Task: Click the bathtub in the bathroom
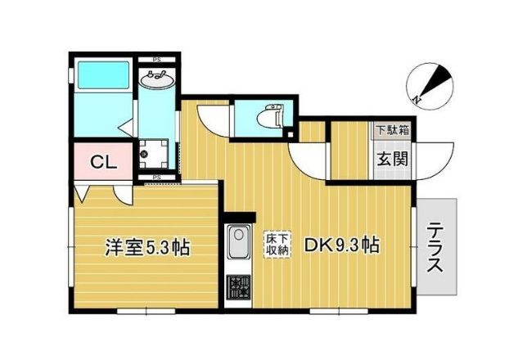(x=103, y=79)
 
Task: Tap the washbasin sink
(x=156, y=80)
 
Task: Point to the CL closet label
(x=102, y=160)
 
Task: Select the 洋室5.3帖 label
(x=146, y=247)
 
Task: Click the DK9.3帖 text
(x=341, y=245)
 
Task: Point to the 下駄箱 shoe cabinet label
(x=392, y=129)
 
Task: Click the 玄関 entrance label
(x=392, y=159)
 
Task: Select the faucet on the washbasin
(x=156, y=73)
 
